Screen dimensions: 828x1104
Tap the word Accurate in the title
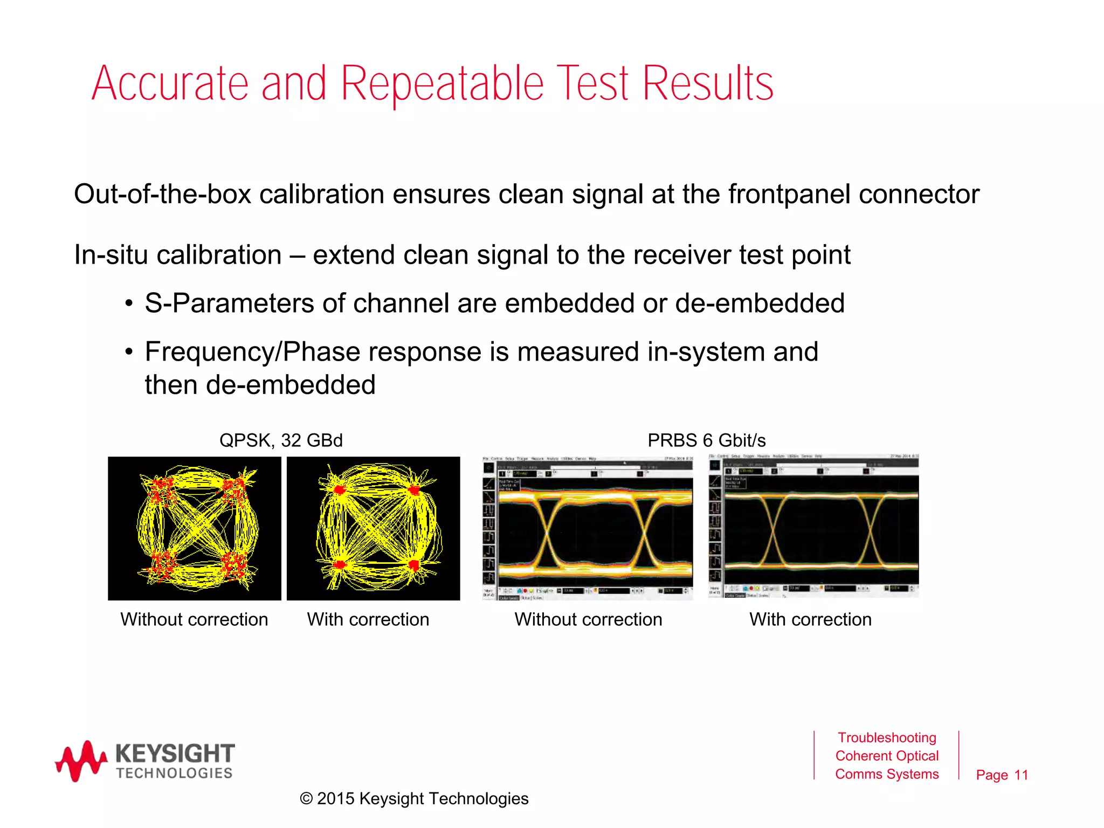tap(170, 84)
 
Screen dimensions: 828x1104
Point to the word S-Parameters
tap(229, 303)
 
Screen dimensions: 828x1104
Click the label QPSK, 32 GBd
tap(281, 440)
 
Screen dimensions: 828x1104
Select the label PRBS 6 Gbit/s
tap(706, 440)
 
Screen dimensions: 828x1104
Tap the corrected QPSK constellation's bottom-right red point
tap(413, 565)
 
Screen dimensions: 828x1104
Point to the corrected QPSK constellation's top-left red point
tap(339, 489)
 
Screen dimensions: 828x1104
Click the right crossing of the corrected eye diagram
tap(872, 532)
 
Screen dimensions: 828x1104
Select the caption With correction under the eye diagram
tap(810, 619)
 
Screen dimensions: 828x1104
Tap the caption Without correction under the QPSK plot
tap(194, 619)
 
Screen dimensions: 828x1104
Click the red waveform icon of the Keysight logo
tap(81, 760)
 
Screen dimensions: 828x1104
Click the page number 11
tap(1021, 775)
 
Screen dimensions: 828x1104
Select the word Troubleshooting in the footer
tap(887, 737)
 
